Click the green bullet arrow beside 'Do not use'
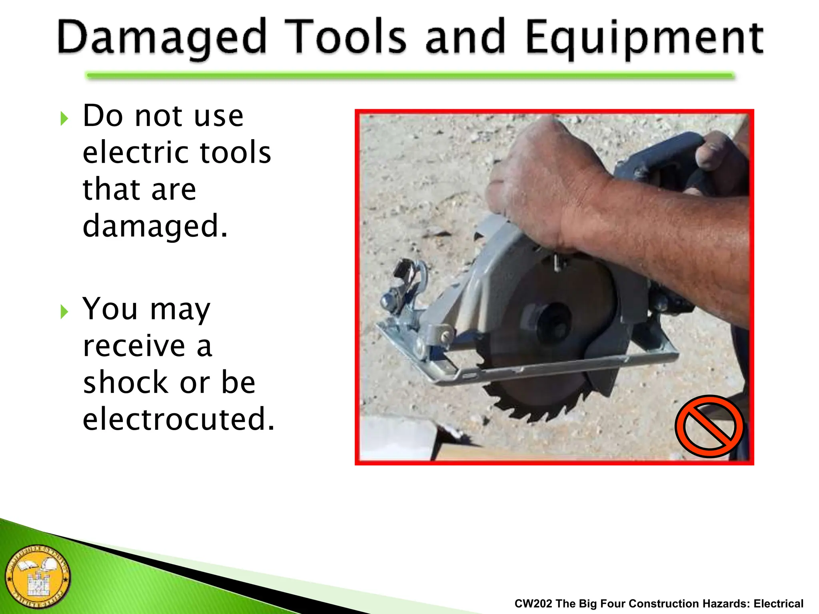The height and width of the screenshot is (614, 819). click(64, 119)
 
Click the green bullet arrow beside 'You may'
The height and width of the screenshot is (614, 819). click(64, 312)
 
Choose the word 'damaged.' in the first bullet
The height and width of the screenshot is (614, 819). click(155, 226)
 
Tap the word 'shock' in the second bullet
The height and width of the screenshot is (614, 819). click(125, 382)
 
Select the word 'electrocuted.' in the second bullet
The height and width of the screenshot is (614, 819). click(179, 419)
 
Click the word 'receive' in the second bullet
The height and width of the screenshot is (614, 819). click(134, 345)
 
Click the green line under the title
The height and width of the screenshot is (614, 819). click(410, 76)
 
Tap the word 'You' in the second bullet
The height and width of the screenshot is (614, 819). click(110, 309)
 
